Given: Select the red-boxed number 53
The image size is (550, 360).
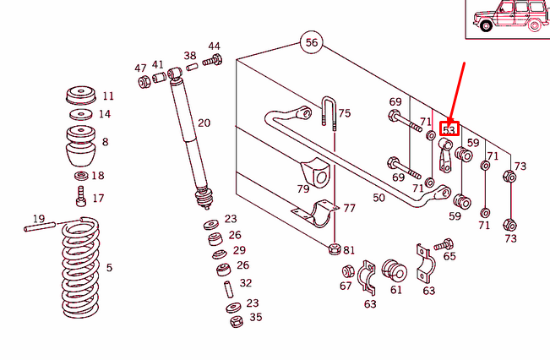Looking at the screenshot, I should (449, 129).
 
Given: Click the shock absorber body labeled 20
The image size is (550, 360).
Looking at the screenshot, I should (190, 135).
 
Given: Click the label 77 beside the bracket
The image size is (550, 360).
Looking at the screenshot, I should (349, 207).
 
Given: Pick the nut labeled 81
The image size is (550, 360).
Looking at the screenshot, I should (335, 250).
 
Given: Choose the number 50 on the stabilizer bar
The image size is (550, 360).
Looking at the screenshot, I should (378, 198).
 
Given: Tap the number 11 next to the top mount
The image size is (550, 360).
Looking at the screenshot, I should (107, 95).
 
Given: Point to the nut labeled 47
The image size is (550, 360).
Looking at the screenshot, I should (144, 81).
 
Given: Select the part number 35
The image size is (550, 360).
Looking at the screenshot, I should (255, 318).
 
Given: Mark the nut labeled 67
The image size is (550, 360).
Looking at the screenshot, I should (347, 272).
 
